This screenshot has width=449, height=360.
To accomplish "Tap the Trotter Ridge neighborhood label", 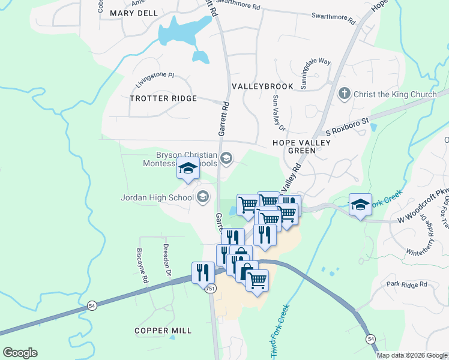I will click(x=163, y=98).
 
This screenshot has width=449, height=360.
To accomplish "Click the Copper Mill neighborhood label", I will click(x=163, y=331).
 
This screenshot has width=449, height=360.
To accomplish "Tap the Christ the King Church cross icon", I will click(x=344, y=94).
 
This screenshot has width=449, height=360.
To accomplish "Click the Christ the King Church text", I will click(x=395, y=94).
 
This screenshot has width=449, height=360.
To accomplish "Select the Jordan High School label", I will click(x=157, y=197).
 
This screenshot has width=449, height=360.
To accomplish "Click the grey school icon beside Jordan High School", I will click(x=203, y=197).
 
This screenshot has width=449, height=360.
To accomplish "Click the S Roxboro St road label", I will click(x=345, y=126).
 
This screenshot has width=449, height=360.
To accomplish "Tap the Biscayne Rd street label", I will click(x=142, y=264).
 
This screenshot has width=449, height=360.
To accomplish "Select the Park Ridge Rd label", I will click(x=406, y=284).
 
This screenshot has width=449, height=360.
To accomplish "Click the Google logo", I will click(x=20, y=353).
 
